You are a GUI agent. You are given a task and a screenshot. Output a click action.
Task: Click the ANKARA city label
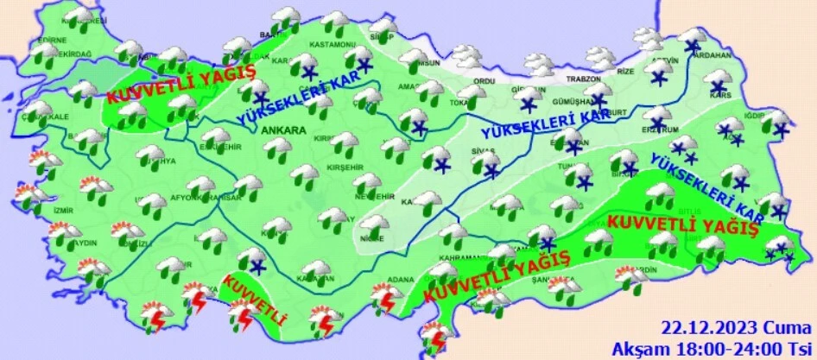pos(282,130)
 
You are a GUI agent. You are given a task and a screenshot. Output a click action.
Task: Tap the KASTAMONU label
pos(335,44)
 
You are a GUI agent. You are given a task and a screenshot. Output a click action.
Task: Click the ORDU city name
pos(483,81)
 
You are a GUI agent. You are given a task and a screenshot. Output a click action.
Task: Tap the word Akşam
pos(635,347)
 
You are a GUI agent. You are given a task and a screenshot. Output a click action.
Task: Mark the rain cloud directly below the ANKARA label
pos(280,148)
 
